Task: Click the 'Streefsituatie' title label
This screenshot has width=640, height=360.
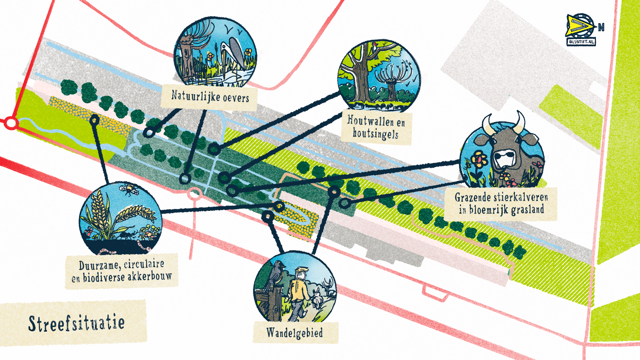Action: coord(76,323)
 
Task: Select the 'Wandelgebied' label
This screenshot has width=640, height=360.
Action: coord(295,333)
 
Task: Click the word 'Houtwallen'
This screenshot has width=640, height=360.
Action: coord(371,120)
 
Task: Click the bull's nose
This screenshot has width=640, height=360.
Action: coord(506,158)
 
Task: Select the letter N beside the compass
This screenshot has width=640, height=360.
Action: coord(601,27)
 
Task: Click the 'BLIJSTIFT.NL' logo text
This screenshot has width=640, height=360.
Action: coord(581,42)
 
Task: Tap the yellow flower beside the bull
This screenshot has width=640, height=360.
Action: coord(479,160)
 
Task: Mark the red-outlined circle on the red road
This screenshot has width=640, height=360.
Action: coord(11,123)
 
